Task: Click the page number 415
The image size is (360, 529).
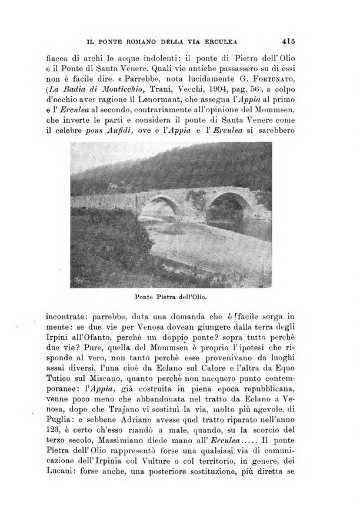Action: point(288,41)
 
